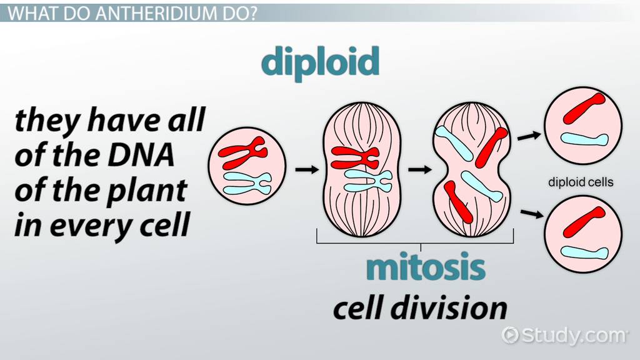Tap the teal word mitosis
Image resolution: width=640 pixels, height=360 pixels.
426,267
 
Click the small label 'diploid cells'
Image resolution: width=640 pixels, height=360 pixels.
581,182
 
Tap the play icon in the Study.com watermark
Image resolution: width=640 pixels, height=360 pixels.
510,335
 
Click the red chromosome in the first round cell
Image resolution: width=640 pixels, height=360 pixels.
242,152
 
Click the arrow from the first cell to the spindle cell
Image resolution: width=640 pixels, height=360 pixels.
307,169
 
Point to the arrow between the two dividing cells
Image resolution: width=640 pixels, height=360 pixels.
419,169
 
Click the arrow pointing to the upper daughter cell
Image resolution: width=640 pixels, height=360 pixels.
529,136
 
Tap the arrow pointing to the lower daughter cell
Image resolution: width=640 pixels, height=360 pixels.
532,213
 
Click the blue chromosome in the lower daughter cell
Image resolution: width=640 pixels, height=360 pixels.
584,252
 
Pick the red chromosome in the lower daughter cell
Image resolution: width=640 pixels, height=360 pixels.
584,222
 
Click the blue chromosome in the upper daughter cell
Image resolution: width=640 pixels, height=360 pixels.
584,139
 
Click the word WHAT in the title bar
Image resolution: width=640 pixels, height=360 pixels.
29,14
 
